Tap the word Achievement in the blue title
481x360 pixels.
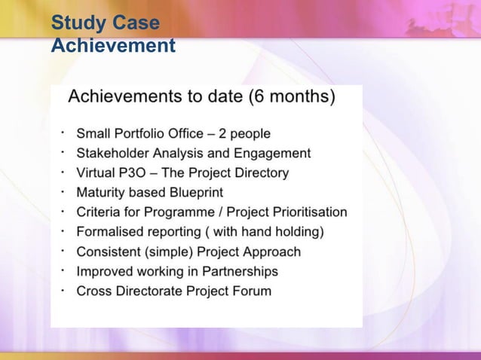coord(112,47)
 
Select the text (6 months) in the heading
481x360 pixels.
coord(295,98)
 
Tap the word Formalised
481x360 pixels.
coord(109,232)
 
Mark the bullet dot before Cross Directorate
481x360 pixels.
coord(64,288)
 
